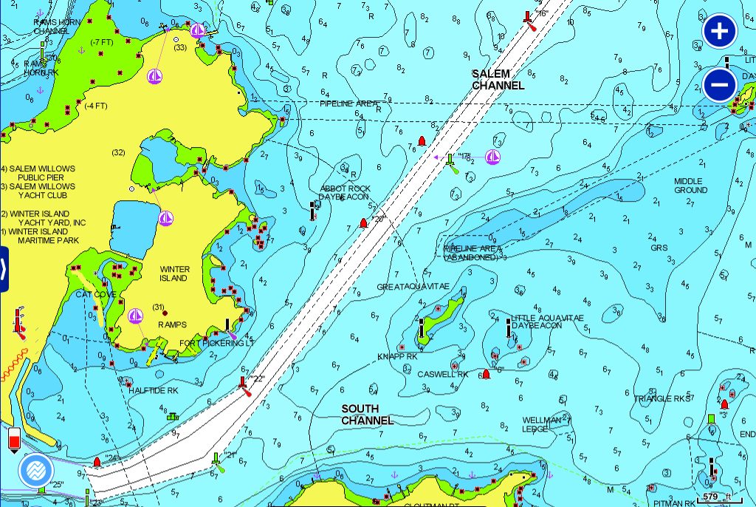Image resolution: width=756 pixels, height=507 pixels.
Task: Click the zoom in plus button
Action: pyautogui.click(x=720, y=32)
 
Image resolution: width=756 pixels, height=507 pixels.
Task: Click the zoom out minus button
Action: pyautogui.click(x=720, y=84)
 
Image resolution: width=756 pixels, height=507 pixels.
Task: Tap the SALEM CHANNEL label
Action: pyautogui.click(x=498, y=80)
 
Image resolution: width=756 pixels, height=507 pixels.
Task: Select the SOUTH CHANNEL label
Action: pyautogui.click(x=367, y=415)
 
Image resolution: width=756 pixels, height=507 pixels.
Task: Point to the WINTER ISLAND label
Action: pyautogui.click(x=174, y=273)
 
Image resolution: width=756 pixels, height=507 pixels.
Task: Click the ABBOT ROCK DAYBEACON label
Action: pyautogui.click(x=344, y=193)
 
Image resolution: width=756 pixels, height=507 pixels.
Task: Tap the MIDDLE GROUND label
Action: pyautogui.click(x=690, y=186)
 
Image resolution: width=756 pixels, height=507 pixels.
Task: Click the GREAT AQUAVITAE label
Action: pyautogui.click(x=413, y=287)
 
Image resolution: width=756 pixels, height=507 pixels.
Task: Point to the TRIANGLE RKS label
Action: pyautogui.click(x=661, y=398)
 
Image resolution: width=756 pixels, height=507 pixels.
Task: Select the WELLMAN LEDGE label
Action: pyautogui.click(x=542, y=424)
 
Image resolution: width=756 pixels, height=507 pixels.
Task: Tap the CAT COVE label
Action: pyautogui.click(x=96, y=294)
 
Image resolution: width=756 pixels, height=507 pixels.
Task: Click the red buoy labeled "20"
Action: pyautogui.click(x=362, y=222)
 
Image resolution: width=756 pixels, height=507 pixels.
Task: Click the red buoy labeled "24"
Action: pyautogui.click(x=97, y=463)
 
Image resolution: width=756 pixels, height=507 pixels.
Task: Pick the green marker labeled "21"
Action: pyautogui.click(x=216, y=461)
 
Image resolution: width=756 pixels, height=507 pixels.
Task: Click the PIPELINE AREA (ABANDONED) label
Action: pyautogui.click(x=472, y=253)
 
